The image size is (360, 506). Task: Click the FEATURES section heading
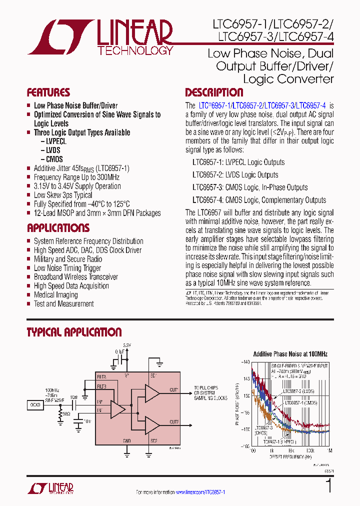(x=48, y=92)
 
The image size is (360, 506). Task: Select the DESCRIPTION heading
(x=214, y=92)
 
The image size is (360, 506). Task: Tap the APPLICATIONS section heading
(x=58, y=228)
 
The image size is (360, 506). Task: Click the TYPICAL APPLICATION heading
(x=74, y=332)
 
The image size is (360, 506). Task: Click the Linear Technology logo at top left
(x=100, y=37)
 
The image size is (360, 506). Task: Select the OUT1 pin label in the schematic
(x=173, y=389)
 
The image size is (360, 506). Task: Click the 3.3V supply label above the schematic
(x=127, y=345)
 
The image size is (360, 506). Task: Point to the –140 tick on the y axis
(x=244, y=362)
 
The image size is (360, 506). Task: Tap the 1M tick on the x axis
(x=329, y=450)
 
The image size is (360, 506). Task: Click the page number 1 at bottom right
(x=328, y=486)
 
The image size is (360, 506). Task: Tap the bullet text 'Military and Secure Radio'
(x=67, y=259)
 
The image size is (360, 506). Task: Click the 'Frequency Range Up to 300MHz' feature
(x=76, y=177)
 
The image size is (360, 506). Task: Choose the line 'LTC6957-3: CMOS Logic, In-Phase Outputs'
(x=250, y=187)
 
